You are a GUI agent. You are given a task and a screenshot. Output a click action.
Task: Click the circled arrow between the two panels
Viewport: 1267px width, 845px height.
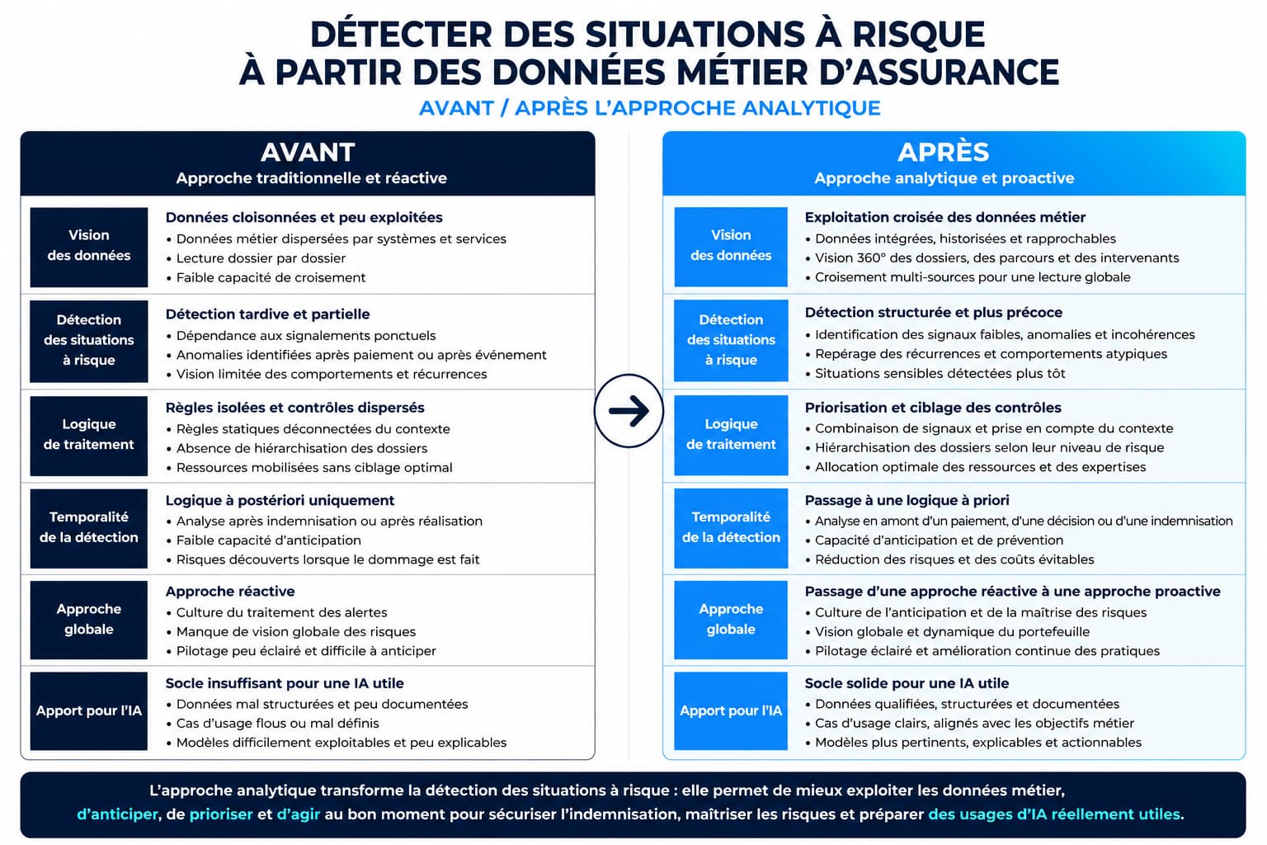pyautogui.click(x=629, y=411)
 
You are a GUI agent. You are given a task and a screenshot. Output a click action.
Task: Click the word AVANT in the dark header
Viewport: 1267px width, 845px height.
pyautogui.click(x=308, y=152)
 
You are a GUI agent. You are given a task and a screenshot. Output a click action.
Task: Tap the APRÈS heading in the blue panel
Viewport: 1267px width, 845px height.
pyautogui.click(x=944, y=152)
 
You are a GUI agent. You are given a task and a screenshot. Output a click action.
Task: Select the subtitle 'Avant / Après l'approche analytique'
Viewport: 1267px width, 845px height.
pyautogui.click(x=649, y=108)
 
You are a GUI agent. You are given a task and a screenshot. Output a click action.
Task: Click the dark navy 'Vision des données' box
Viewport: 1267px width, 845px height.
pyautogui.click(x=89, y=247)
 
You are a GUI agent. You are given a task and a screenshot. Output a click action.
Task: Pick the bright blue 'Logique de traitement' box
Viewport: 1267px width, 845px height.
pyautogui.click(x=731, y=435)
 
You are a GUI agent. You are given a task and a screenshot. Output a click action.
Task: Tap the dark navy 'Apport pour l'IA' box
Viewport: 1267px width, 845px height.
pyautogui.click(x=89, y=710)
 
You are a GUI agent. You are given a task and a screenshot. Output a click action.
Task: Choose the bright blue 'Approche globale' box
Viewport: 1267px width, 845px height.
pyautogui.click(x=731, y=620)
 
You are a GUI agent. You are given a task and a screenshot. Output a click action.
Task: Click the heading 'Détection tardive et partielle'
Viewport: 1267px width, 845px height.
pyautogui.click(x=267, y=314)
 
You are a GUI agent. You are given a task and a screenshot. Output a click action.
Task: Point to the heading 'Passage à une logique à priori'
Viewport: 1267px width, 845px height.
pyautogui.click(x=907, y=500)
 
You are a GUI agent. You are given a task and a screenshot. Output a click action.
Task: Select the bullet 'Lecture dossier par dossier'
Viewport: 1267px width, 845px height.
pyautogui.click(x=261, y=258)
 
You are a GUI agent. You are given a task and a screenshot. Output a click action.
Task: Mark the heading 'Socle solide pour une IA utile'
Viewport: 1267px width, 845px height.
pyautogui.click(x=907, y=683)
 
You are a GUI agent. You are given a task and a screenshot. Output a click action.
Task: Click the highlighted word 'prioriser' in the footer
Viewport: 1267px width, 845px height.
pyautogui.click(x=220, y=814)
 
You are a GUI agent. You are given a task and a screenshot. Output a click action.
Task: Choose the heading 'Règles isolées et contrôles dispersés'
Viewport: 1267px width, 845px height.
pyautogui.click(x=294, y=408)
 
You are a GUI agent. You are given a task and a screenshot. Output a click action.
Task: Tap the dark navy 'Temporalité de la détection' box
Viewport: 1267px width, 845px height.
pyautogui.click(x=89, y=527)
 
